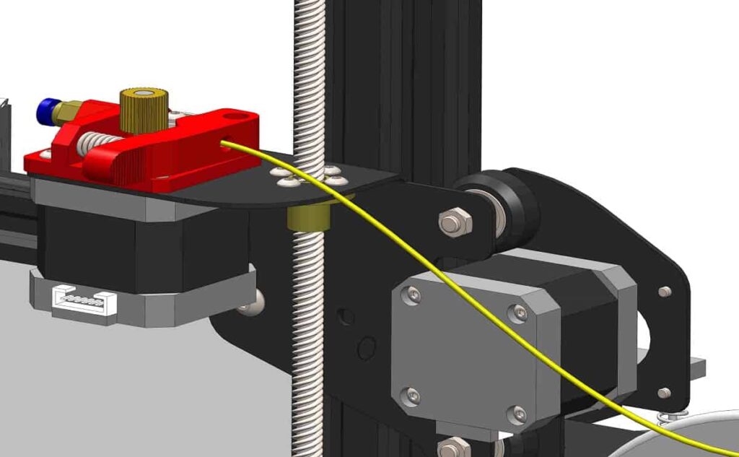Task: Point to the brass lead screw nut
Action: [x=307, y=215]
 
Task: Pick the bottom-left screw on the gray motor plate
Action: [x=412, y=395]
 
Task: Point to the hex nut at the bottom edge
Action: [x=453, y=448]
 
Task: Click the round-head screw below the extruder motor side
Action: [x=253, y=302]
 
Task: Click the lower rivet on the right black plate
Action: [x=664, y=393]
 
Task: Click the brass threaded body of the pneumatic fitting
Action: [x=66, y=112]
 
